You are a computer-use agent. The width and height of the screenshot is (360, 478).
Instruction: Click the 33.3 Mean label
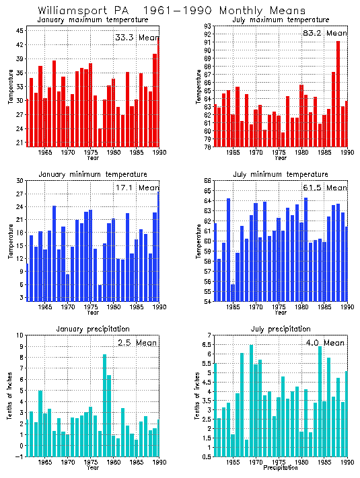click(x=137, y=38)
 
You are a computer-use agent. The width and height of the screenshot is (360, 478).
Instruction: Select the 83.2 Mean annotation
click(x=326, y=33)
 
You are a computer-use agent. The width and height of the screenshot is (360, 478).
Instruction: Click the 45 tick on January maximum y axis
click(x=20, y=31)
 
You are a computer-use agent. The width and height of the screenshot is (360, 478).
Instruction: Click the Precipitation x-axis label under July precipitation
click(x=281, y=467)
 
